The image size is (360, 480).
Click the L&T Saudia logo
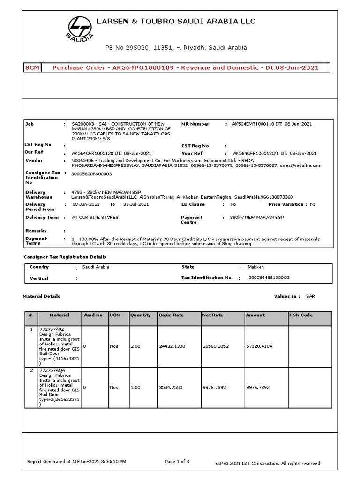click(80, 28)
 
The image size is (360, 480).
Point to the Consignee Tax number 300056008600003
click(91, 173)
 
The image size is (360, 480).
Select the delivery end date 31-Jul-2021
click(136, 204)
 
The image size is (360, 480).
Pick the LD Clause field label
click(193, 204)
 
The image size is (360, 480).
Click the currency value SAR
click(311, 297)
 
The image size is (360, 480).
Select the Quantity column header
click(141, 315)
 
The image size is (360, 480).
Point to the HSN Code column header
click(301, 315)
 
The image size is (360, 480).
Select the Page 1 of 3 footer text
click(177, 462)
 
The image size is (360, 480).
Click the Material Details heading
click(42, 297)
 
